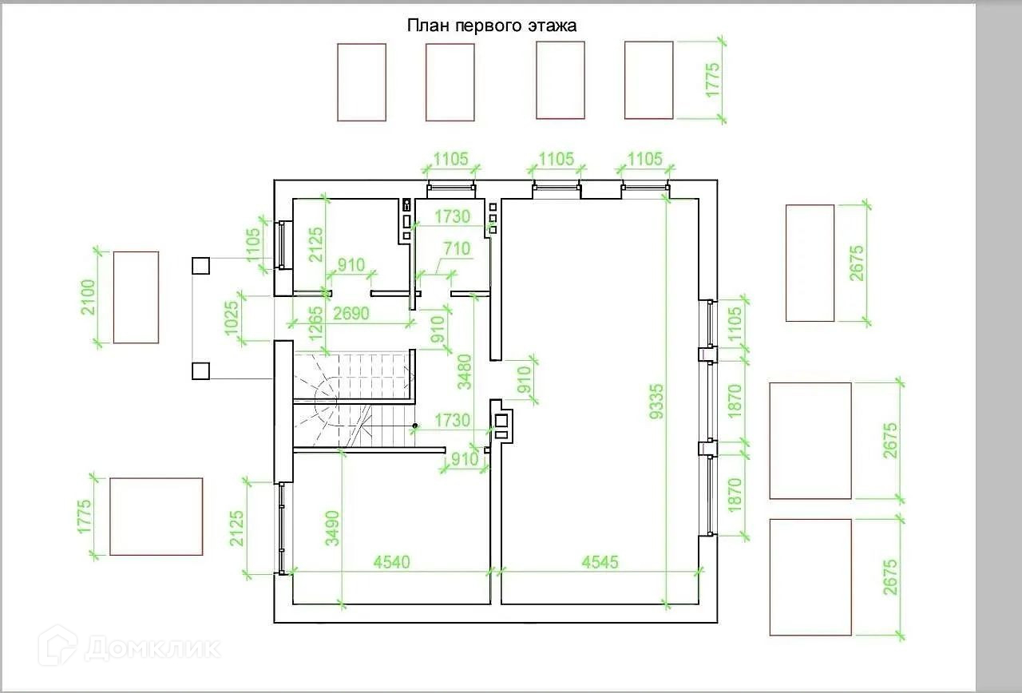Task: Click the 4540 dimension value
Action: pyautogui.click(x=391, y=562)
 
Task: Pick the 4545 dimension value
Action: pyautogui.click(x=600, y=562)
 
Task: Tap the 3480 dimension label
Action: pyautogui.click(x=464, y=370)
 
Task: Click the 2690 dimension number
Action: pyautogui.click(x=351, y=314)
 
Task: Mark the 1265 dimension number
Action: pyautogui.click(x=316, y=324)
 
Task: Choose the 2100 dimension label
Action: pyautogui.click(x=88, y=297)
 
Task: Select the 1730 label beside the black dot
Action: pyautogui.click(x=452, y=420)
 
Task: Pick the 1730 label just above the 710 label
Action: pyautogui.click(x=452, y=216)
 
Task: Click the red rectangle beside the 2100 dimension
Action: pyautogui.click(x=136, y=297)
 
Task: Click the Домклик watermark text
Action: pyautogui.click(x=152, y=647)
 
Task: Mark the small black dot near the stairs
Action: pyautogui.click(x=415, y=426)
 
